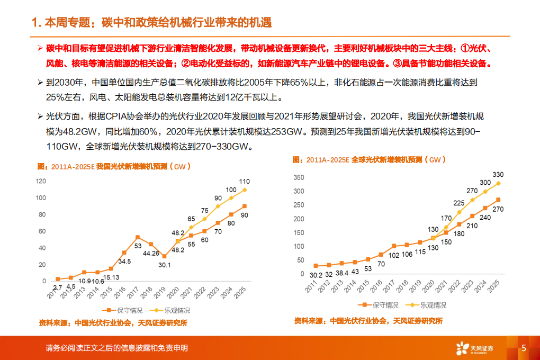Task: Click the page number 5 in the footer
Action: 524,348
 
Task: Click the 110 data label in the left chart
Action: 245,182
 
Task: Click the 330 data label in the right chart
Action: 498,175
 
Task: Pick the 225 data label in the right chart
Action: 459,203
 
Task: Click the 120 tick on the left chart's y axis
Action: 41,181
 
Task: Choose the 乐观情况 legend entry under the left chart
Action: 170,310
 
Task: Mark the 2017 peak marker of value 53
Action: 138,237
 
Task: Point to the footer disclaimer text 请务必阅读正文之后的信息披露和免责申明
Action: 116,348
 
